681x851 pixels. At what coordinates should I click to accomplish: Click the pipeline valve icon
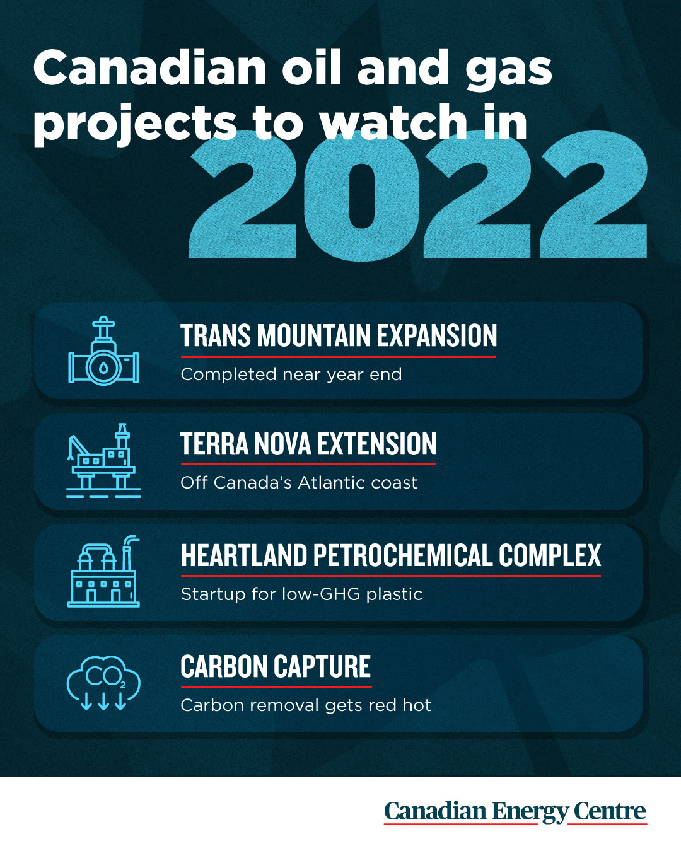point(103,350)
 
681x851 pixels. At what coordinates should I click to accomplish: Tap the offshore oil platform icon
point(103,460)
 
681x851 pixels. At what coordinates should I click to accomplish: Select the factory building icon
point(103,571)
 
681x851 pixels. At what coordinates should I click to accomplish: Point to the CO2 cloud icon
point(103,683)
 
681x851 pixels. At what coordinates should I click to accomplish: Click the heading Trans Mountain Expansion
point(339,336)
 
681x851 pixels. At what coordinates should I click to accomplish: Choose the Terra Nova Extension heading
point(308,444)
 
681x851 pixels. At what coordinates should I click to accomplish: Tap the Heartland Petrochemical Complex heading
point(391,555)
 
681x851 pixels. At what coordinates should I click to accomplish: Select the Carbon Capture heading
point(276,666)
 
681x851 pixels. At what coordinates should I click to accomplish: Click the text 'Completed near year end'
point(291,374)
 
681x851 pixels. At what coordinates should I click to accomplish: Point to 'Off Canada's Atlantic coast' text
point(299,482)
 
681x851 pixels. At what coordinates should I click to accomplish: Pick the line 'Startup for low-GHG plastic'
point(302,594)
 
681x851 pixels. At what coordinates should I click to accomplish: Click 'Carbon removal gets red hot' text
point(306,705)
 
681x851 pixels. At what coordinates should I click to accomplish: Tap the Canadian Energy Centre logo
point(515,812)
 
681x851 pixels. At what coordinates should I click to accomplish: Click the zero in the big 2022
point(362,196)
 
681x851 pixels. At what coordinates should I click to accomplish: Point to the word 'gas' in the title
point(508,72)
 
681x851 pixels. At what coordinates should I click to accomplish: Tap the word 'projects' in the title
point(135,125)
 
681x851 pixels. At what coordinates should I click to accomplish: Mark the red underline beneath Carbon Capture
point(276,687)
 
